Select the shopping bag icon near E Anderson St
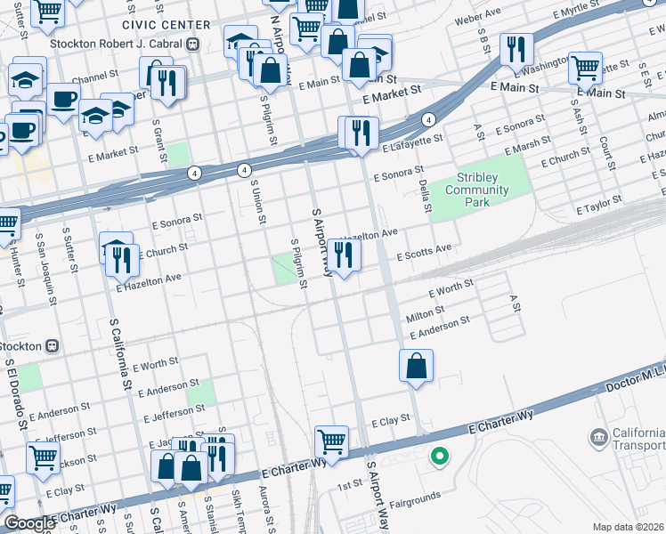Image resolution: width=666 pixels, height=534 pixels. tap(416, 365)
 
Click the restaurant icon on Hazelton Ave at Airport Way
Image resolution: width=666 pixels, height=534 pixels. tap(344, 256)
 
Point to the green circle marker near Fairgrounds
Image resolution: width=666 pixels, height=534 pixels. tap(438, 457)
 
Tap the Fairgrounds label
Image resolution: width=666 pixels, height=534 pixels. tap(416, 496)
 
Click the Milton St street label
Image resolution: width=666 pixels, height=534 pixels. tap(425, 315)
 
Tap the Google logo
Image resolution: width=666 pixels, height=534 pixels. tap(29, 523)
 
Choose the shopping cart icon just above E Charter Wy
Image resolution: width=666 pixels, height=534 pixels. tap(331, 441)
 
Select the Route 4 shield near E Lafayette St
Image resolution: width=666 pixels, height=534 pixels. tap(428, 119)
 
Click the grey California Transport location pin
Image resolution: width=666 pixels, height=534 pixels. tap(597, 438)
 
